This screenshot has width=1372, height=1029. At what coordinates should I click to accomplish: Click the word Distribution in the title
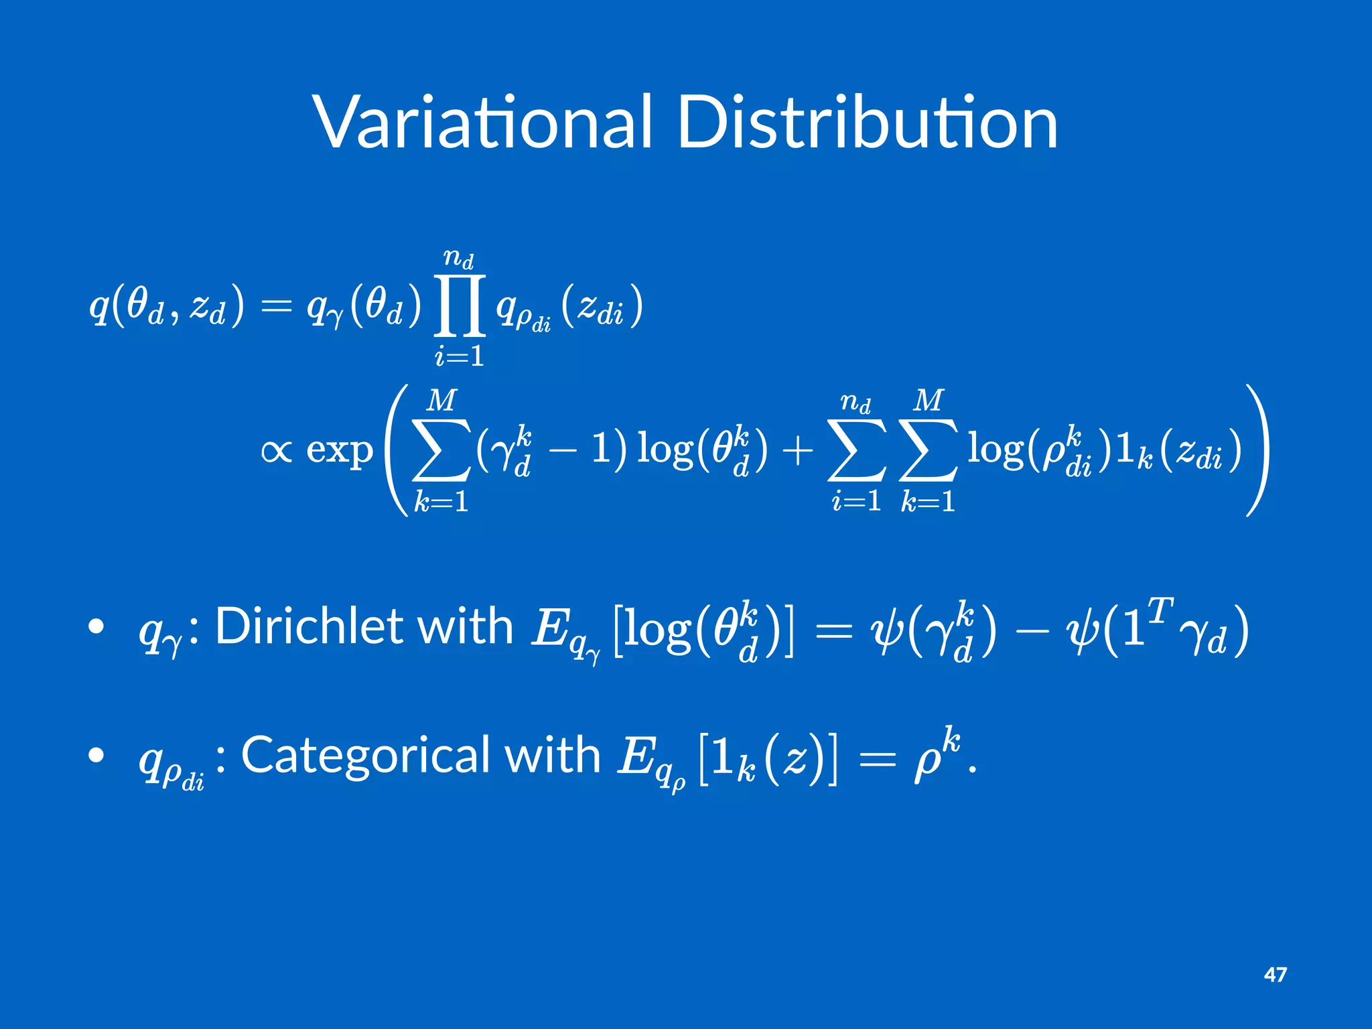pos(868,123)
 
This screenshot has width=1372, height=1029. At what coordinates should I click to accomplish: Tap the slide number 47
pos(1275,975)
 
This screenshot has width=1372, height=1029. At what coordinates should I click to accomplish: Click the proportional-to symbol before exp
pos(277,451)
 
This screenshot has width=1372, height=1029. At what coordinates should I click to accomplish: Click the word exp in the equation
pos(339,451)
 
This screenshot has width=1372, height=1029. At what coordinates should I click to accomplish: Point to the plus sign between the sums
pos(797,451)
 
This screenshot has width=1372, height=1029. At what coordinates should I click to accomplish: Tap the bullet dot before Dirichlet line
pos(96,627)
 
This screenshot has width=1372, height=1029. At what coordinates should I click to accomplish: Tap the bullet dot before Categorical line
pos(96,756)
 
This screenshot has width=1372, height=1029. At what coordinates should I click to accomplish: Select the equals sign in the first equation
pos(276,306)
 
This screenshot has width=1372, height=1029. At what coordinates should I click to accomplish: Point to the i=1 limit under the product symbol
pos(460,356)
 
